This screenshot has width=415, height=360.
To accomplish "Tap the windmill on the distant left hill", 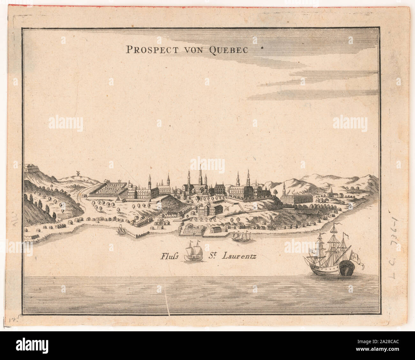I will pos(77,173).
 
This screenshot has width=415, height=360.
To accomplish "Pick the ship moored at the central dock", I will pos(241,236).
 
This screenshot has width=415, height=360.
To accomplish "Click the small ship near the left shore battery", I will pos(121,231).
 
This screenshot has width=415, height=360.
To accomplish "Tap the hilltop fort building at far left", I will pos(30,168).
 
